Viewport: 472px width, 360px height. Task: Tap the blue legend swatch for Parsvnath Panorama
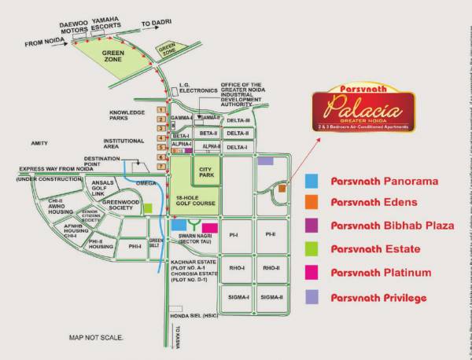point(312,181)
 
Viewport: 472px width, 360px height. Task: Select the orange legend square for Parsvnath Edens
point(312,204)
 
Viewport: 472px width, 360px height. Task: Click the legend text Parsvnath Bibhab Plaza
point(393,226)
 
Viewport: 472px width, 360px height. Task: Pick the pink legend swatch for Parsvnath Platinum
point(312,273)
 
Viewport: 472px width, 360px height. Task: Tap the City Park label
point(207,171)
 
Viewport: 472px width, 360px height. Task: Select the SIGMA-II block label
point(271,297)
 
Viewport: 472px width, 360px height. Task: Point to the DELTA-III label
point(238,120)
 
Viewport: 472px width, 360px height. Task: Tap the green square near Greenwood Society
point(147,208)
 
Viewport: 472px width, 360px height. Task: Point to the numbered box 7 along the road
point(161,167)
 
